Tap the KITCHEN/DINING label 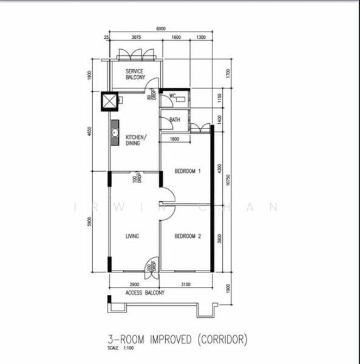coord(134,141)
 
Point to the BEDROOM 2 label coord(188,236)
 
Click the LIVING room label coord(133,236)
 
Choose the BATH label coord(175,120)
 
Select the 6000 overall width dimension coord(160,29)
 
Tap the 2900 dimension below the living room coord(134,284)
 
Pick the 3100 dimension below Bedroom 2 coord(185,284)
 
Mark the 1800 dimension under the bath coord(174,139)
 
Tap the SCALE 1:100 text coord(118,349)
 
